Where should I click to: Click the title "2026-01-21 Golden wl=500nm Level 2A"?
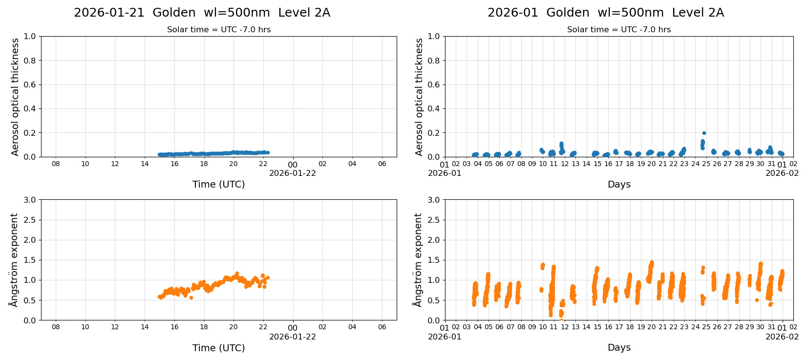[202, 13]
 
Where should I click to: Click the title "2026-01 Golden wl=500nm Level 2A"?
[605, 13]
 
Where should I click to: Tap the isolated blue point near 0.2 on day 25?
[704, 133]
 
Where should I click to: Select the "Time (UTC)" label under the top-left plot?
[218, 184]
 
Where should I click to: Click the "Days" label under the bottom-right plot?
[619, 347]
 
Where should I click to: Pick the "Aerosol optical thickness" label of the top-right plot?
[419, 97]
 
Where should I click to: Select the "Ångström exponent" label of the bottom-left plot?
[14, 260]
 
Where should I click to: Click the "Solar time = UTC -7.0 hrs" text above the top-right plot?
[618, 30]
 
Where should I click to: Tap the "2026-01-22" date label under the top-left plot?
[292, 173]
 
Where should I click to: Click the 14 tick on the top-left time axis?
[145, 164]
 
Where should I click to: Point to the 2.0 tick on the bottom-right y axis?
[433, 240]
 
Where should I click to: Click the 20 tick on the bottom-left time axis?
[234, 327]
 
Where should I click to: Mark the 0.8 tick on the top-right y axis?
[433, 61]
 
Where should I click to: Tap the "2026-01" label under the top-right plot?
[445, 173]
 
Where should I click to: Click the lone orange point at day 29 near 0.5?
[757, 300]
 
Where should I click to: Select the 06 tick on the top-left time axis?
[382, 164]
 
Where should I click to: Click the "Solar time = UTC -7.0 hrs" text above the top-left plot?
[218, 30]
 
